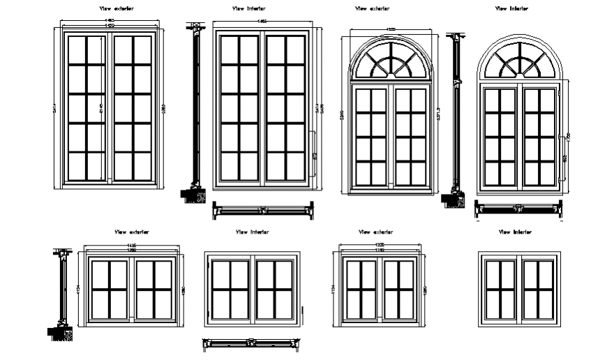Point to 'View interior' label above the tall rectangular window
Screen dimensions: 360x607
click(249, 9)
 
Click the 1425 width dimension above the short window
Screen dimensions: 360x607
click(131, 246)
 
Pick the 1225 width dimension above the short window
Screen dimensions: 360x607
click(380, 246)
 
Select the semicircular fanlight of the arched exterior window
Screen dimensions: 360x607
click(391, 59)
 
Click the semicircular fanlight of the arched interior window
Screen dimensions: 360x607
click(519, 59)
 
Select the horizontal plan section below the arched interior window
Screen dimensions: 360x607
click(518, 207)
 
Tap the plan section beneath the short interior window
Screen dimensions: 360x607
click(251, 342)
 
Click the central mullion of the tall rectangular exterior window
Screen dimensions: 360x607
click(110, 108)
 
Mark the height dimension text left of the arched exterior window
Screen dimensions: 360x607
click(341, 115)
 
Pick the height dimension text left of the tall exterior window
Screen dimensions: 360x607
click(55, 108)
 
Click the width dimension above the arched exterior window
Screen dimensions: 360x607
click(391, 29)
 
